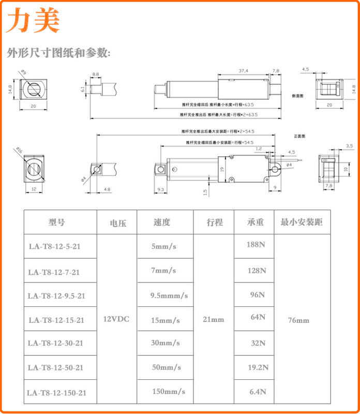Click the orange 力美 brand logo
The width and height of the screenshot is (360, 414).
coord(33,21)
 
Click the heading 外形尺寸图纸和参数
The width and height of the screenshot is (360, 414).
coord(58,53)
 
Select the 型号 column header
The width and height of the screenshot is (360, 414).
coord(56,223)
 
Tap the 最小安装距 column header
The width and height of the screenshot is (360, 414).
coord(302,223)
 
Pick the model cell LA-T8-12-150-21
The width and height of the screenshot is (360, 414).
coord(56,393)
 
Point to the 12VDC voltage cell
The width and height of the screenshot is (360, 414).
coord(116,319)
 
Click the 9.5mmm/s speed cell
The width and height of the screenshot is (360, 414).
coord(169,296)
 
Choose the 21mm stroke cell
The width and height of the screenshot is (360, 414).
coord(214,319)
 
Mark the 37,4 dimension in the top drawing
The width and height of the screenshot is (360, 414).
coord(244,70)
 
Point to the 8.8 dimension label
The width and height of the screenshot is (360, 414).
coord(96,75)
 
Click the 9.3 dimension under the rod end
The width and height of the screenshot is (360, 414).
coord(159,190)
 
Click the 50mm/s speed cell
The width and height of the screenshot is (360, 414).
coord(166,368)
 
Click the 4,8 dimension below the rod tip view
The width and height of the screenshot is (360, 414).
coord(107,189)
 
